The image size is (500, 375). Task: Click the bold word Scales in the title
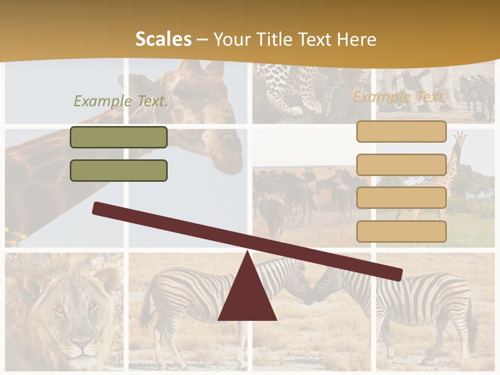(x=163, y=40)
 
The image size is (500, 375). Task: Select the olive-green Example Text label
(x=121, y=101)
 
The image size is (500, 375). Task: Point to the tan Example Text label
(x=400, y=97)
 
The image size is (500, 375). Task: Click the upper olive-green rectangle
(x=119, y=137)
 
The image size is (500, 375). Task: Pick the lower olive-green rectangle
(x=119, y=170)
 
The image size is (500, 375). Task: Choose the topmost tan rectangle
(x=401, y=131)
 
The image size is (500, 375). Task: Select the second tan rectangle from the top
(x=401, y=165)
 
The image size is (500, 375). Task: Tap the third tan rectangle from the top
(x=401, y=198)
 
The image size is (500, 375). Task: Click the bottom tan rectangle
(x=401, y=231)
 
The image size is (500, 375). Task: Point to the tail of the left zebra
(x=145, y=307)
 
